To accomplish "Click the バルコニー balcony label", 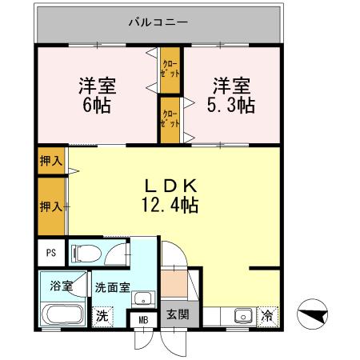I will (x=158, y=22).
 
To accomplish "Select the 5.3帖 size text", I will (x=232, y=104).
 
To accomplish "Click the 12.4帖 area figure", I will (x=172, y=205).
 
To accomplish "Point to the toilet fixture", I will (x=86, y=254).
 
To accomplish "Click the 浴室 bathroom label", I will (x=59, y=286).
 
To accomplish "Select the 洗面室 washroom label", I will (x=112, y=286).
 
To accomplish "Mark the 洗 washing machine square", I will (x=102, y=315).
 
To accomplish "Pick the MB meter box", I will (x=144, y=320).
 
